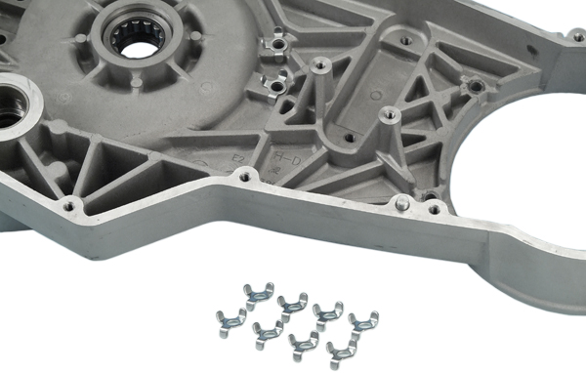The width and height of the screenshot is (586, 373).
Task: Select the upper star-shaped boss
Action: click(277, 43)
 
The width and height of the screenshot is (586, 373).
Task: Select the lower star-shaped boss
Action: click(277, 85)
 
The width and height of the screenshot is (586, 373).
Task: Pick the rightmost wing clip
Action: click(362, 319)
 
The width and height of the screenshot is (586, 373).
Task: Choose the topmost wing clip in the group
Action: click(257, 292)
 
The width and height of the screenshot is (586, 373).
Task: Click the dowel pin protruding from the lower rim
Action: click(401, 203)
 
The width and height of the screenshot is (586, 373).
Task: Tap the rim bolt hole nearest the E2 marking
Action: click(244, 177)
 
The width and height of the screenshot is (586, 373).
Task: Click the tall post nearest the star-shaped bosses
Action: click(318, 66)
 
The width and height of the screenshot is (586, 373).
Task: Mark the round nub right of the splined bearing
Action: click(195, 36)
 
